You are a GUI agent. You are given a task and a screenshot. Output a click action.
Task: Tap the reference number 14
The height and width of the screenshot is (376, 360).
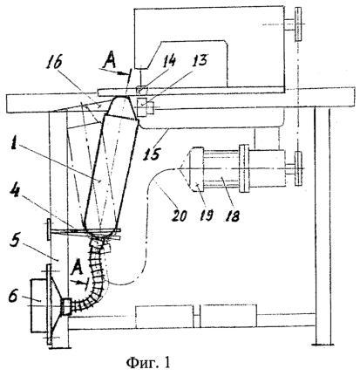pos(169,61)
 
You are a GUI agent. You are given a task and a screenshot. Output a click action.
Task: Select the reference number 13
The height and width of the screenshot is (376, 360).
pos(200,61)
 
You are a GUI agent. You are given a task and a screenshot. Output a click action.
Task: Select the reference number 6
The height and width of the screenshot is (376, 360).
pos(14,295)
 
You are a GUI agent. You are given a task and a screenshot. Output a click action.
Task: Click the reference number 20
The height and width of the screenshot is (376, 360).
pos(179,215)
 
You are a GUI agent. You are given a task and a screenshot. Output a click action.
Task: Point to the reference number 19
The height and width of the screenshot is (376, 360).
pos(206,215)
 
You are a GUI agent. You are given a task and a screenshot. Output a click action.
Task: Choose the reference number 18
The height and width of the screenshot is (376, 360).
pos(232,215)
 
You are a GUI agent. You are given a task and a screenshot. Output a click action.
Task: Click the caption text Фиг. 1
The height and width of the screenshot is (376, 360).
pos(148,363)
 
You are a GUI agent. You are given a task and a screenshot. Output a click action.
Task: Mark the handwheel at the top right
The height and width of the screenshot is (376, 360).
pos(298,24)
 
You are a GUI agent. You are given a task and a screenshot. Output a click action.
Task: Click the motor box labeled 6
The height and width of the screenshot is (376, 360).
pos(38,305)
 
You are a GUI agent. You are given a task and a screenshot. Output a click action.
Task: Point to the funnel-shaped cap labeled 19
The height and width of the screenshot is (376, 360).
pos(197,169)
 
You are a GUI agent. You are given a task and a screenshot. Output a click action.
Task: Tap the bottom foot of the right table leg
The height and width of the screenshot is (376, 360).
pos(323,345)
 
